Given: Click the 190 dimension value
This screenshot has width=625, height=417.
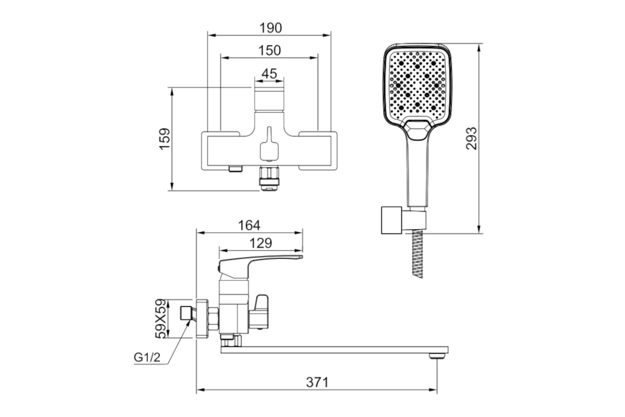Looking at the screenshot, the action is (x=271, y=28).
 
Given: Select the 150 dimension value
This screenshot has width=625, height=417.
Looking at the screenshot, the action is (x=270, y=51).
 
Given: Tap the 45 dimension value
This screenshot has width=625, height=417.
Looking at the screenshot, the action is (x=270, y=73).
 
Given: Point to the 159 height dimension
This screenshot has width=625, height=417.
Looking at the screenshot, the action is (x=165, y=139).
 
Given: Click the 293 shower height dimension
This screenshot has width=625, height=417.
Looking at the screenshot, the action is (x=471, y=139).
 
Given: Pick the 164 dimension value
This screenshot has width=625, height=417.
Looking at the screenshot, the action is (x=249, y=225).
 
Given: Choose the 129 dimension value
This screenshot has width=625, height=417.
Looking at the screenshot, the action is (x=260, y=243).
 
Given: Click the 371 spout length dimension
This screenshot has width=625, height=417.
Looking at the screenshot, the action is (x=318, y=383).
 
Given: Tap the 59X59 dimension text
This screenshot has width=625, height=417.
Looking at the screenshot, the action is (x=161, y=319).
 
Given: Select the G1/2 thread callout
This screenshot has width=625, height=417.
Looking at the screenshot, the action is (x=147, y=357).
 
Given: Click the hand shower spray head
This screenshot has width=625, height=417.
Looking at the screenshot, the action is (x=418, y=84).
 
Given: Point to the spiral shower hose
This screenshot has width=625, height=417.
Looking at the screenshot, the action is (x=418, y=254).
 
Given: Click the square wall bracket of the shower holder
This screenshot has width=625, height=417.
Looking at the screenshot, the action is (x=392, y=220).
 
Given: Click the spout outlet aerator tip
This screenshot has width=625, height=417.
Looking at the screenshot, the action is (x=437, y=356).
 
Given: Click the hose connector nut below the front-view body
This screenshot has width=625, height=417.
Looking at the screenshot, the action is (x=269, y=178).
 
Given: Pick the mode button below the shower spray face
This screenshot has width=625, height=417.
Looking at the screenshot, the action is (x=417, y=130).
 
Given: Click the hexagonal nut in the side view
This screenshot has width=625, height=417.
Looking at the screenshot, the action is (x=214, y=319).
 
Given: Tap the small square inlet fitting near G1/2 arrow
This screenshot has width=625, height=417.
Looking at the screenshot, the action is (x=185, y=313).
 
